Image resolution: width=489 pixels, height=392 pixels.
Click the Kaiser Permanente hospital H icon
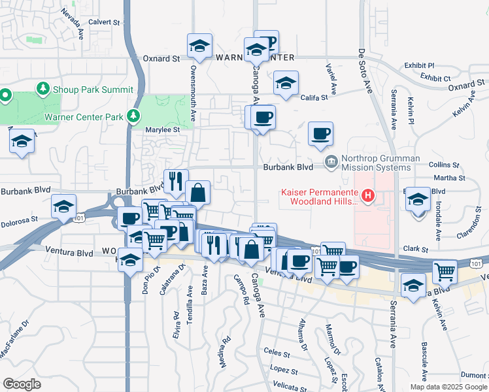tap(367, 195)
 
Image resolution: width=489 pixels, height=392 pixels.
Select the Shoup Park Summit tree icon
tap(43, 88)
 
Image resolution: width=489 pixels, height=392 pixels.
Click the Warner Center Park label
tap(84, 118)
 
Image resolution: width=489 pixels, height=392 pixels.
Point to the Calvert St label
tap(105, 21)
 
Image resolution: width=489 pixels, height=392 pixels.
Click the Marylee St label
tap(166, 129)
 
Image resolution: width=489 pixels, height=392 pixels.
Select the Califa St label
tap(314, 97)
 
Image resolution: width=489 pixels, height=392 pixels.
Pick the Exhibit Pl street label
tap(419, 65)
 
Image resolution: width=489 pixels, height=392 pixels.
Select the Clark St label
tap(415, 249)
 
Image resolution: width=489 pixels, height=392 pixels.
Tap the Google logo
tap(22, 384)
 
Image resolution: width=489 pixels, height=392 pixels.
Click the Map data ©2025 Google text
tap(448, 387)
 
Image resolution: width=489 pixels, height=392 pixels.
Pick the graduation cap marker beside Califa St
tap(286, 84)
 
